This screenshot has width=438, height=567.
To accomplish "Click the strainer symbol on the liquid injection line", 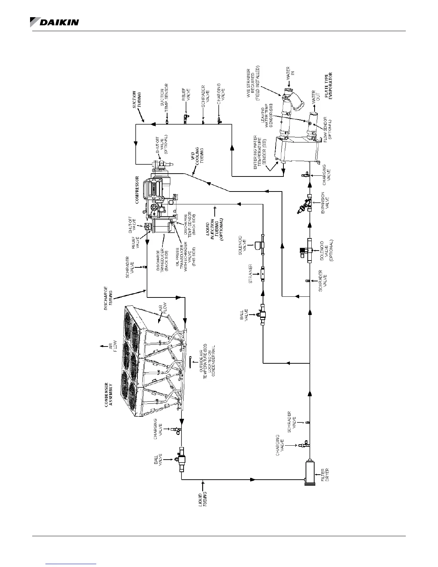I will (x=263, y=274).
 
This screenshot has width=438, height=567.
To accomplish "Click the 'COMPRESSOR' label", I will (x=137, y=190).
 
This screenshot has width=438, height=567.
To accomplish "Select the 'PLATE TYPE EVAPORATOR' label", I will (x=333, y=86).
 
